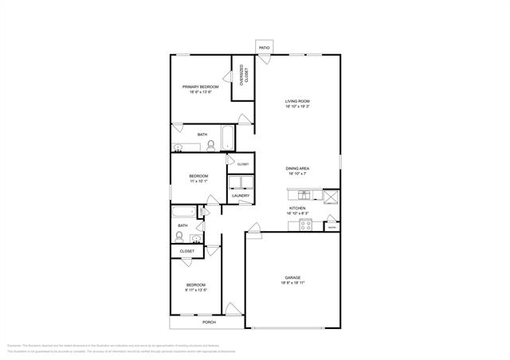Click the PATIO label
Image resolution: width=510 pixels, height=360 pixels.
(x=264, y=48)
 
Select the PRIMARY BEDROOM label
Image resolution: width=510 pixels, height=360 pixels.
(x=201, y=86)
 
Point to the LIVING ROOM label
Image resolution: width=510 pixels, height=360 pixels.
(x=297, y=101)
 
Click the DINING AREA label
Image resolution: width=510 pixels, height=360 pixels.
(x=297, y=169)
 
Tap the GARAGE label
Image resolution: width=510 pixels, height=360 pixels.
(x=292, y=277)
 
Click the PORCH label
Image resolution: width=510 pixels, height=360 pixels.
(x=209, y=322)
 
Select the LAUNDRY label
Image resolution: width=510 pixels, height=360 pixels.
(x=241, y=196)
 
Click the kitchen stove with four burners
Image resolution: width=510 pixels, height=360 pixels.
(x=304, y=224)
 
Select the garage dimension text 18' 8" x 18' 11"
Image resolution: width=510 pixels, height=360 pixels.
(x=292, y=284)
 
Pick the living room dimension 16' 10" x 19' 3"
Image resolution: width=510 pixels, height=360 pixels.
(x=297, y=108)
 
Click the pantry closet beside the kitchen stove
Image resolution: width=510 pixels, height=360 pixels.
(x=331, y=228)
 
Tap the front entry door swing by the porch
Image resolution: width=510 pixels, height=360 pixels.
(x=232, y=309)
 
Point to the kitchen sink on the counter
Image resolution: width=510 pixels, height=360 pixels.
(x=303, y=194)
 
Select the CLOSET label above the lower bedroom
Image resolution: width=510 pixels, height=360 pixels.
(x=187, y=251)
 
